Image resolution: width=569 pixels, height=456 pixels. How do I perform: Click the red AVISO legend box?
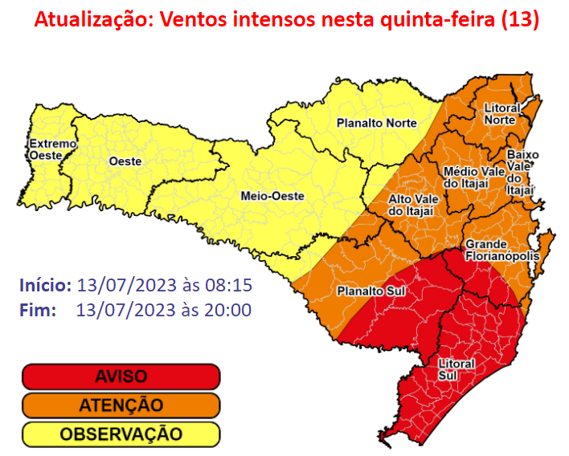pos(121,377)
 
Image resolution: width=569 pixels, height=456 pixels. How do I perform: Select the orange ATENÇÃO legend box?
pos(121,405)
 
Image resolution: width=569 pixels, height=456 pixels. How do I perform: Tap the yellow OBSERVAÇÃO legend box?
pos(121,434)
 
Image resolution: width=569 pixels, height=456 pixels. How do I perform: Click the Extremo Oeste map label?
pos(52,149)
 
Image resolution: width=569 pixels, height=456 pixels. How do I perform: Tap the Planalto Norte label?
pos(376,123)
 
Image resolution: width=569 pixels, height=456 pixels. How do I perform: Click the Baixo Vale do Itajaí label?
pos(522,172)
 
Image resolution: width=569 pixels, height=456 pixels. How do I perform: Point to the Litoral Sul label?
pos(456,368)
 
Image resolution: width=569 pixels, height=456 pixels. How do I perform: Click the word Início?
pos(45,286)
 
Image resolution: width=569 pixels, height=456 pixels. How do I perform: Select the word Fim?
pos(37,310)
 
